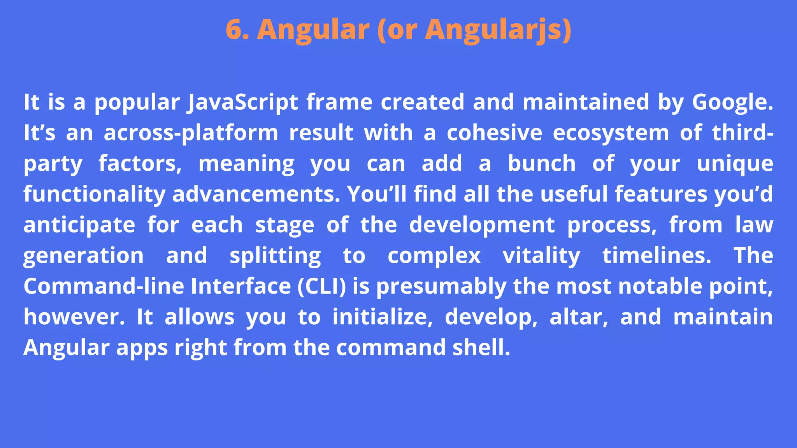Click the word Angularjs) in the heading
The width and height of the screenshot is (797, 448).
point(498,29)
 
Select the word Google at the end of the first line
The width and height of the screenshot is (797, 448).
point(730,102)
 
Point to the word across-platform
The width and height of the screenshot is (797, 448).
point(191,133)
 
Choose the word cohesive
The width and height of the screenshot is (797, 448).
point(494,133)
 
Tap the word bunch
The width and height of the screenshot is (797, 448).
point(542,163)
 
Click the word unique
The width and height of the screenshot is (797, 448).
point(735,163)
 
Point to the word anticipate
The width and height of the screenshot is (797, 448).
point(79,225)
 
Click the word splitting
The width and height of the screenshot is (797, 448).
point(275,255)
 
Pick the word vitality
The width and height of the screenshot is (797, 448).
point(541,255)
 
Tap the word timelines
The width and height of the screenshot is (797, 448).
point(657,255)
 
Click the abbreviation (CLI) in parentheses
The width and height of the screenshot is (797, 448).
point(321,286)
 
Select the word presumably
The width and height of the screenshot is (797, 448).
point(441,286)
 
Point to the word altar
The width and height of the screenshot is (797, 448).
point(579,317)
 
